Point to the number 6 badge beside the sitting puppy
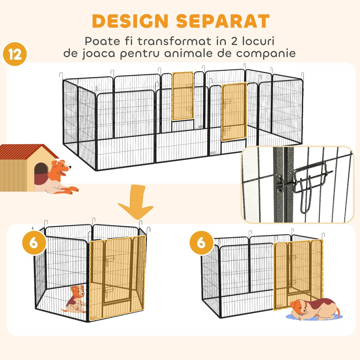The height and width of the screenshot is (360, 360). [x=35, y=244]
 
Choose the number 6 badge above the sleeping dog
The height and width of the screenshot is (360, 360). [x=201, y=244]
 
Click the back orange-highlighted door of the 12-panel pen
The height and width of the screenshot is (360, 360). [x=183, y=96]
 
